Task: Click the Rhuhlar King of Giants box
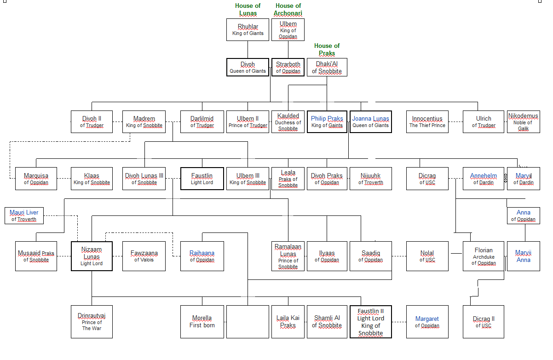[248, 29]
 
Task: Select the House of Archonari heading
[288, 10]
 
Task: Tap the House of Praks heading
[327, 49]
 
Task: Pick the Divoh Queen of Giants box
[248, 67]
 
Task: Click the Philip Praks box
[327, 122]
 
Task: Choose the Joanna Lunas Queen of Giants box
[370, 122]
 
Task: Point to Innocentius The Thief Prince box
[427, 122]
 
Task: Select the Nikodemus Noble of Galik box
[523, 122]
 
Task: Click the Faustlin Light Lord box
[202, 179]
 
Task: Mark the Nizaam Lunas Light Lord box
[92, 256]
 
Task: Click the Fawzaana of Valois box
[144, 256]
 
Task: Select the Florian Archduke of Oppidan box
[484, 256]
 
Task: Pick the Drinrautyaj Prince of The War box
[92, 321]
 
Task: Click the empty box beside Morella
[248, 321]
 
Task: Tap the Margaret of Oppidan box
[427, 321]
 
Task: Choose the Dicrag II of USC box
[484, 321]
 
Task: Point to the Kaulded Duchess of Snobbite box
[288, 122]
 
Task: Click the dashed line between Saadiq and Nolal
[399, 256]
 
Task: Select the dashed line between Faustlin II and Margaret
[399, 321]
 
